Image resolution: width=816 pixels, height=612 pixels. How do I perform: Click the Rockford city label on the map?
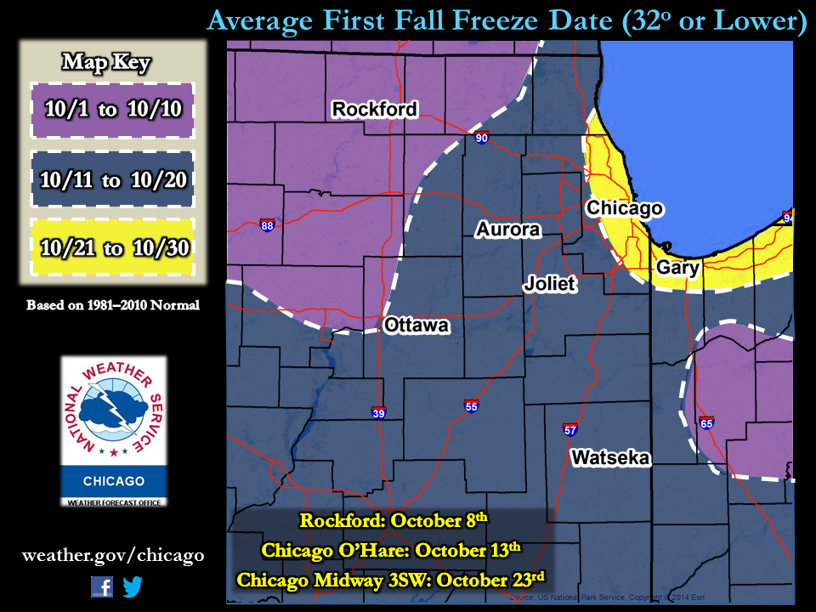[374, 109]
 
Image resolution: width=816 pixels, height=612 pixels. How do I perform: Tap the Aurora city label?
[507, 229]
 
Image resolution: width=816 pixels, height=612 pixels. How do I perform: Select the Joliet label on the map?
[550, 284]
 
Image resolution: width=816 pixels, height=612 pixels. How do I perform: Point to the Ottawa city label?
[416, 326]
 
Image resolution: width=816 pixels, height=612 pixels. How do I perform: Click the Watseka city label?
[610, 458]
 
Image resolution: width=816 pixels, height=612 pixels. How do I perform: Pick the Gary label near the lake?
[677, 269]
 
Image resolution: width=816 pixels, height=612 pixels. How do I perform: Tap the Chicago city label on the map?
[625, 208]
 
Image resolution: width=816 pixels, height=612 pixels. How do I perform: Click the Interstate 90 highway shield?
[481, 138]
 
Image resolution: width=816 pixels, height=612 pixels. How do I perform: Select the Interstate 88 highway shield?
[267, 225]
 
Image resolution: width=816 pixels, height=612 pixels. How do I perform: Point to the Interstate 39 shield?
[378, 413]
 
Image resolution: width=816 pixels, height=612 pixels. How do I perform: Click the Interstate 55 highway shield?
[471, 405]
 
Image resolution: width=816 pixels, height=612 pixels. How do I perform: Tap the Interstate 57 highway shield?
[569, 429]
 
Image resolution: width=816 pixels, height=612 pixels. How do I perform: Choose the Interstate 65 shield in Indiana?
[706, 422]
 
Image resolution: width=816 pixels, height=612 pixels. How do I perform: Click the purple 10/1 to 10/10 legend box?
[112, 110]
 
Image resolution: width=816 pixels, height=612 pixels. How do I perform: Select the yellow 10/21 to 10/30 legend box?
[112, 247]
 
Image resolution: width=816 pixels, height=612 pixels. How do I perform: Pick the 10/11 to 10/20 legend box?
[112, 179]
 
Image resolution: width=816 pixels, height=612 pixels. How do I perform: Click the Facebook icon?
[102, 586]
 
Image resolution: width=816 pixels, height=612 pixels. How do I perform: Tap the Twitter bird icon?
[133, 586]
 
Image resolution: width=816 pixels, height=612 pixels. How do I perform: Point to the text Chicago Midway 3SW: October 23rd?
[390, 580]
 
